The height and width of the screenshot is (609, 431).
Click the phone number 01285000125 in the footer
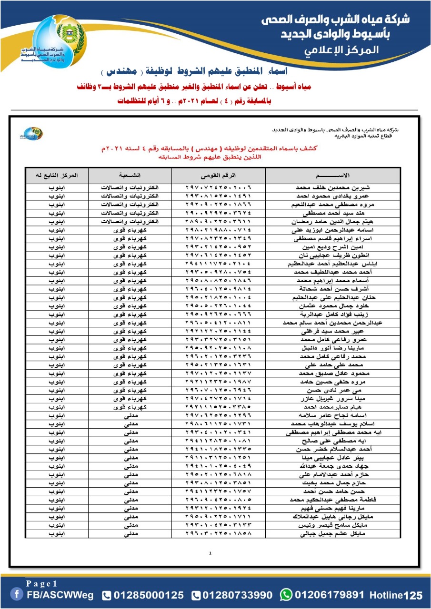tap(148, 595)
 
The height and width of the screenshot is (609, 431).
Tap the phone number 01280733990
tap(237, 595)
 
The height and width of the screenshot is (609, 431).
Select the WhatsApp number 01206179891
tap(329, 595)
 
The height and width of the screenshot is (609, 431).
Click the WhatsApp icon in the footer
tap(286, 595)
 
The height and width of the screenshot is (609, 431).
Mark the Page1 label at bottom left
tap(42, 584)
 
